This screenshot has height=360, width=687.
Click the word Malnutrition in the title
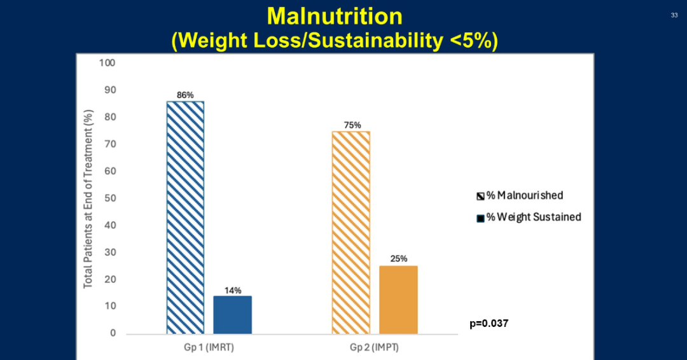[x=335, y=16]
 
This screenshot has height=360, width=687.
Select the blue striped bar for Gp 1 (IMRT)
[x=185, y=216]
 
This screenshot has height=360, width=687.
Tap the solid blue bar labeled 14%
[x=232, y=314]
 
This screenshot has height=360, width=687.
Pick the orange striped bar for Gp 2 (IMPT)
[x=350, y=232]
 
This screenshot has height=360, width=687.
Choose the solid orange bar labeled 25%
[x=398, y=299]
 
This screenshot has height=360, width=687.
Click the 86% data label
[x=185, y=95]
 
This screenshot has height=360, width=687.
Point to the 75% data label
[x=350, y=125]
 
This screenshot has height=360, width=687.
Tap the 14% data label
[x=232, y=290]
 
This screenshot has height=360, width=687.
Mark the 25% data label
[x=398, y=260]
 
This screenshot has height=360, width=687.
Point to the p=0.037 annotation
[x=489, y=324]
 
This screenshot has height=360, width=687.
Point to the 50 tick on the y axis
[x=110, y=198]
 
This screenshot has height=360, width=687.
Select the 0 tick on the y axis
[x=113, y=333]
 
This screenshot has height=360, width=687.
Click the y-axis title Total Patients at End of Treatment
[x=88, y=198]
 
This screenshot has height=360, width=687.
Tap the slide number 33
[x=674, y=15]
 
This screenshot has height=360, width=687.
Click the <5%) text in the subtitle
[x=471, y=40]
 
